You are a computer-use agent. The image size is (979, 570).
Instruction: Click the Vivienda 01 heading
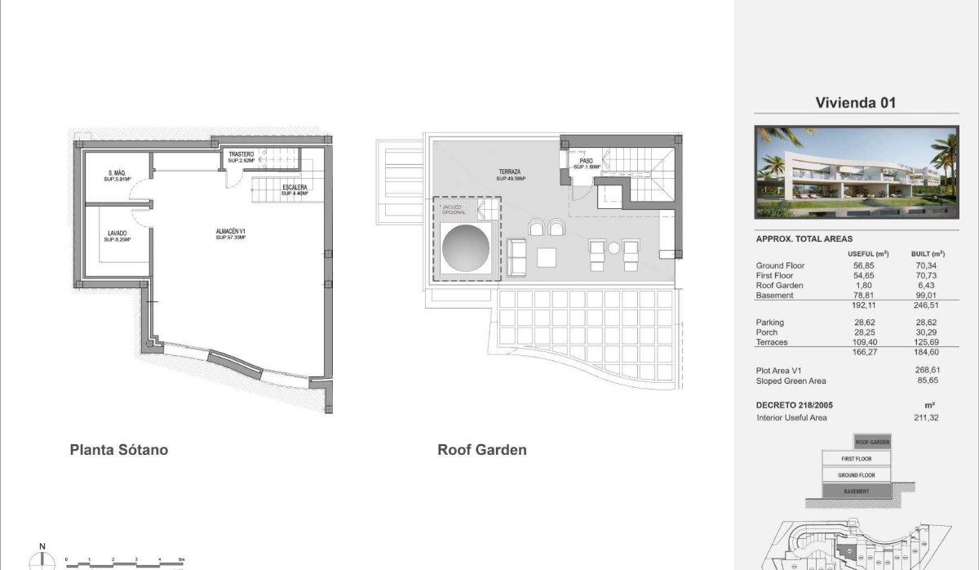coord(856,103)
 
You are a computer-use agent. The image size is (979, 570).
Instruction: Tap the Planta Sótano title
coord(119,449)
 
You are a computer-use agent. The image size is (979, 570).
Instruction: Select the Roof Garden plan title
coord(482,449)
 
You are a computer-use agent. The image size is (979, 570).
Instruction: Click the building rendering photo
coord(856,172)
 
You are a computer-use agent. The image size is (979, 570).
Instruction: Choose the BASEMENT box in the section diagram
coord(856,492)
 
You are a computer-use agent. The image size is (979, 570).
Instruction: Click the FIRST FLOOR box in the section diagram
coord(856,459)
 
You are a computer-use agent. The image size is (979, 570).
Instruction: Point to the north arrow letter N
coord(42,547)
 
